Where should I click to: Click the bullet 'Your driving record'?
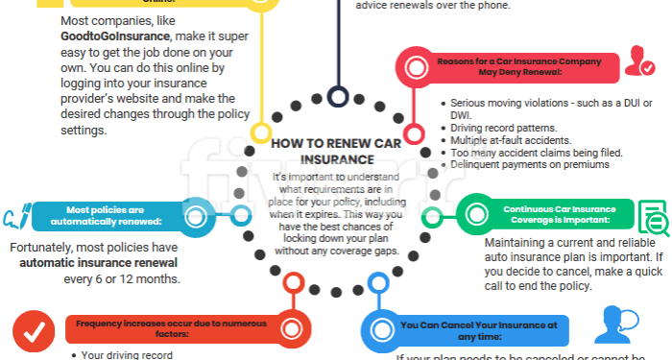coord(119,354)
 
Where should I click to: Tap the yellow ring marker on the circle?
coord(261,132)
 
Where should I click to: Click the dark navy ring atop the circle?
coord(337,96)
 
